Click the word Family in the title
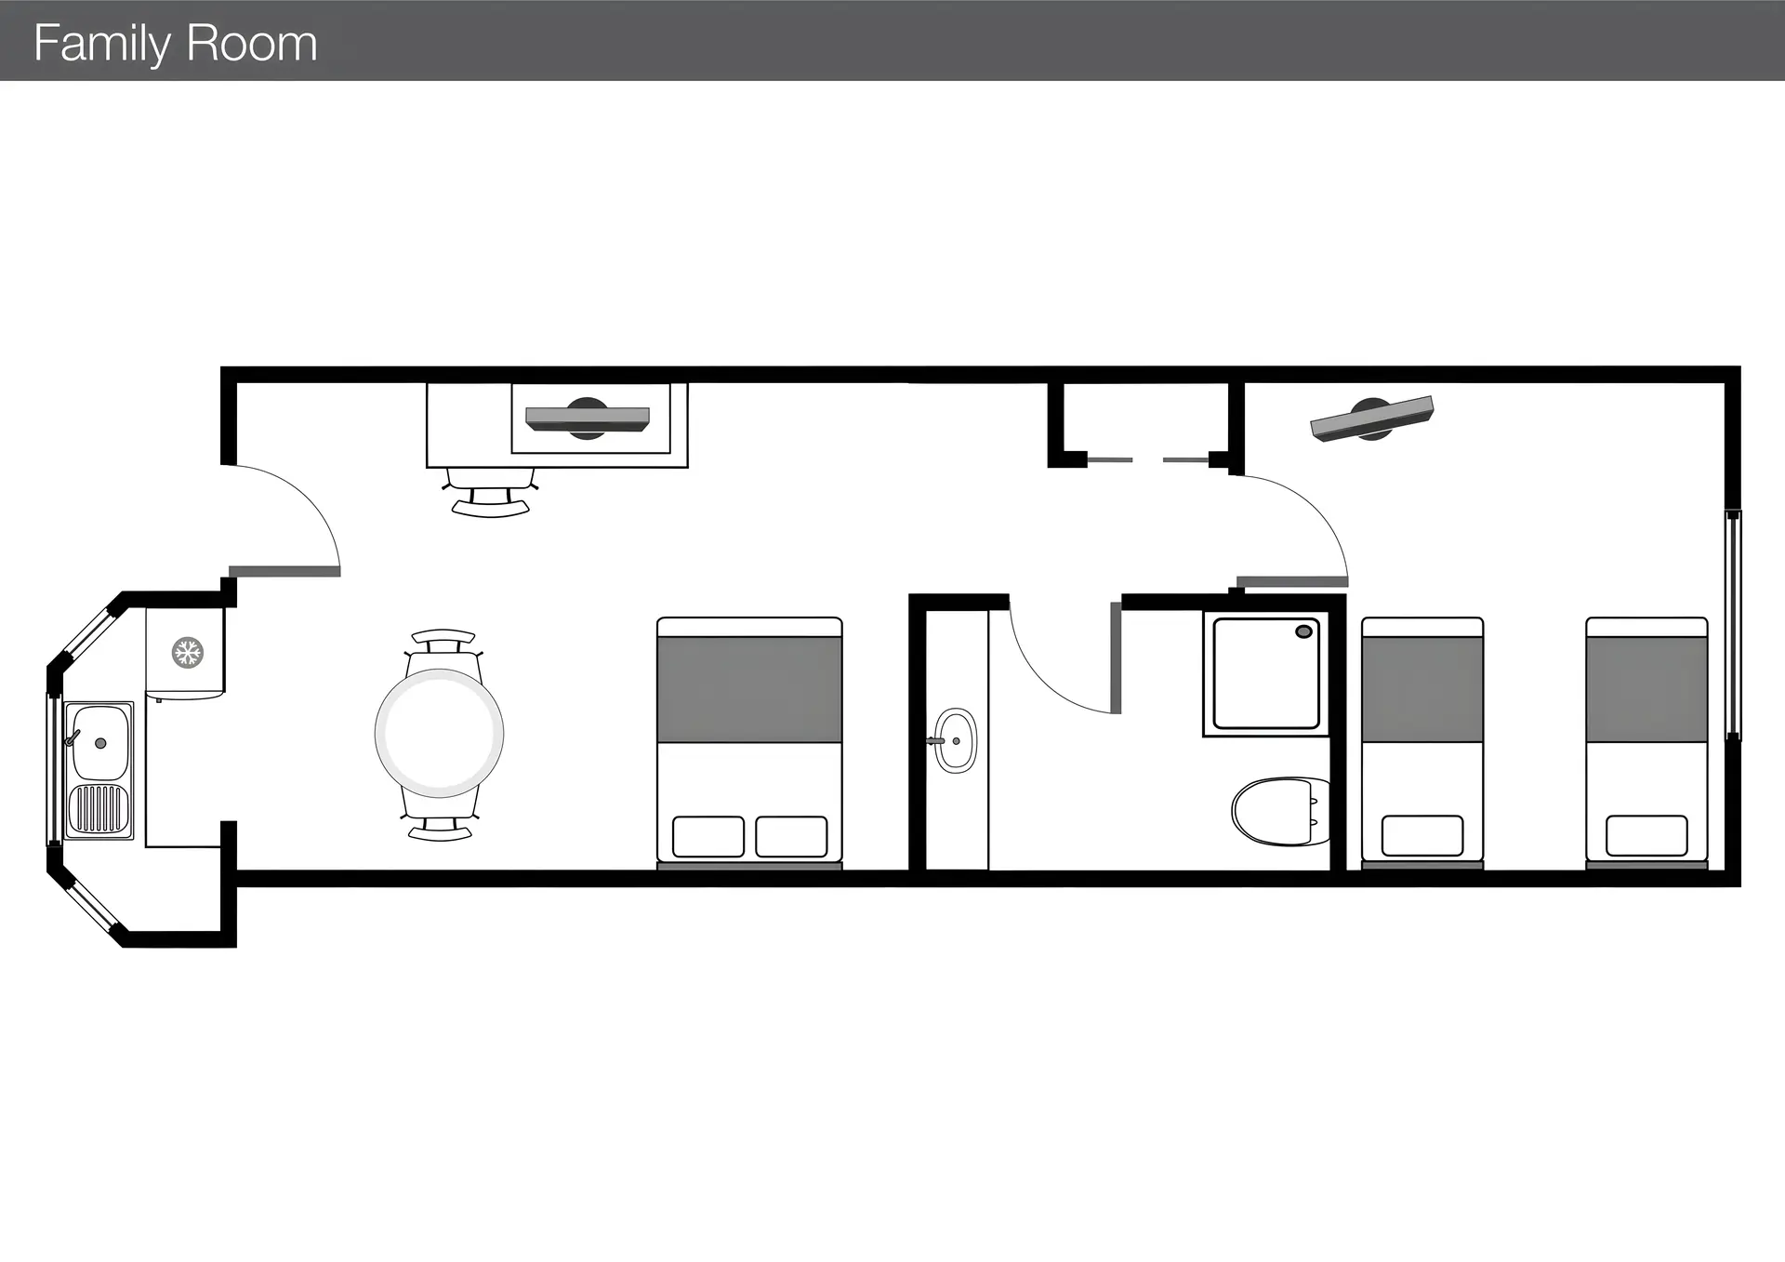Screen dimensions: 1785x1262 click(x=103, y=44)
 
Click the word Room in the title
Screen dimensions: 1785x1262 click(x=252, y=44)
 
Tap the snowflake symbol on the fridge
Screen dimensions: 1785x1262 click(x=188, y=652)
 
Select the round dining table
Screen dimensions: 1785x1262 click(x=440, y=733)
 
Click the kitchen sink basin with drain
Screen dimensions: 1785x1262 click(x=99, y=742)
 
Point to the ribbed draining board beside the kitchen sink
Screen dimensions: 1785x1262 click(x=99, y=809)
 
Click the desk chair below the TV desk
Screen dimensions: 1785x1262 click(x=491, y=492)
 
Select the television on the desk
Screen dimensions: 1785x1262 click(x=588, y=418)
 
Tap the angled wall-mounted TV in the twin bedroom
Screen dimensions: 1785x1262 click(x=1372, y=418)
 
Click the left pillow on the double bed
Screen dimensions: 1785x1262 click(x=708, y=836)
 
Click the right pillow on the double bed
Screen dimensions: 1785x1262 click(x=791, y=836)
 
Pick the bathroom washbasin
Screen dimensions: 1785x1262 click(x=955, y=740)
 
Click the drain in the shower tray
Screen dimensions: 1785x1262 click(x=1303, y=631)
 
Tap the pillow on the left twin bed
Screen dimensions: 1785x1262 click(x=1422, y=835)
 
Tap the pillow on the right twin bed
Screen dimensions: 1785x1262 click(x=1646, y=835)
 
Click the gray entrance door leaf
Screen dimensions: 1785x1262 click(x=284, y=571)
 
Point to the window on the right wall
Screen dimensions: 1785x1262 click(x=1733, y=624)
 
